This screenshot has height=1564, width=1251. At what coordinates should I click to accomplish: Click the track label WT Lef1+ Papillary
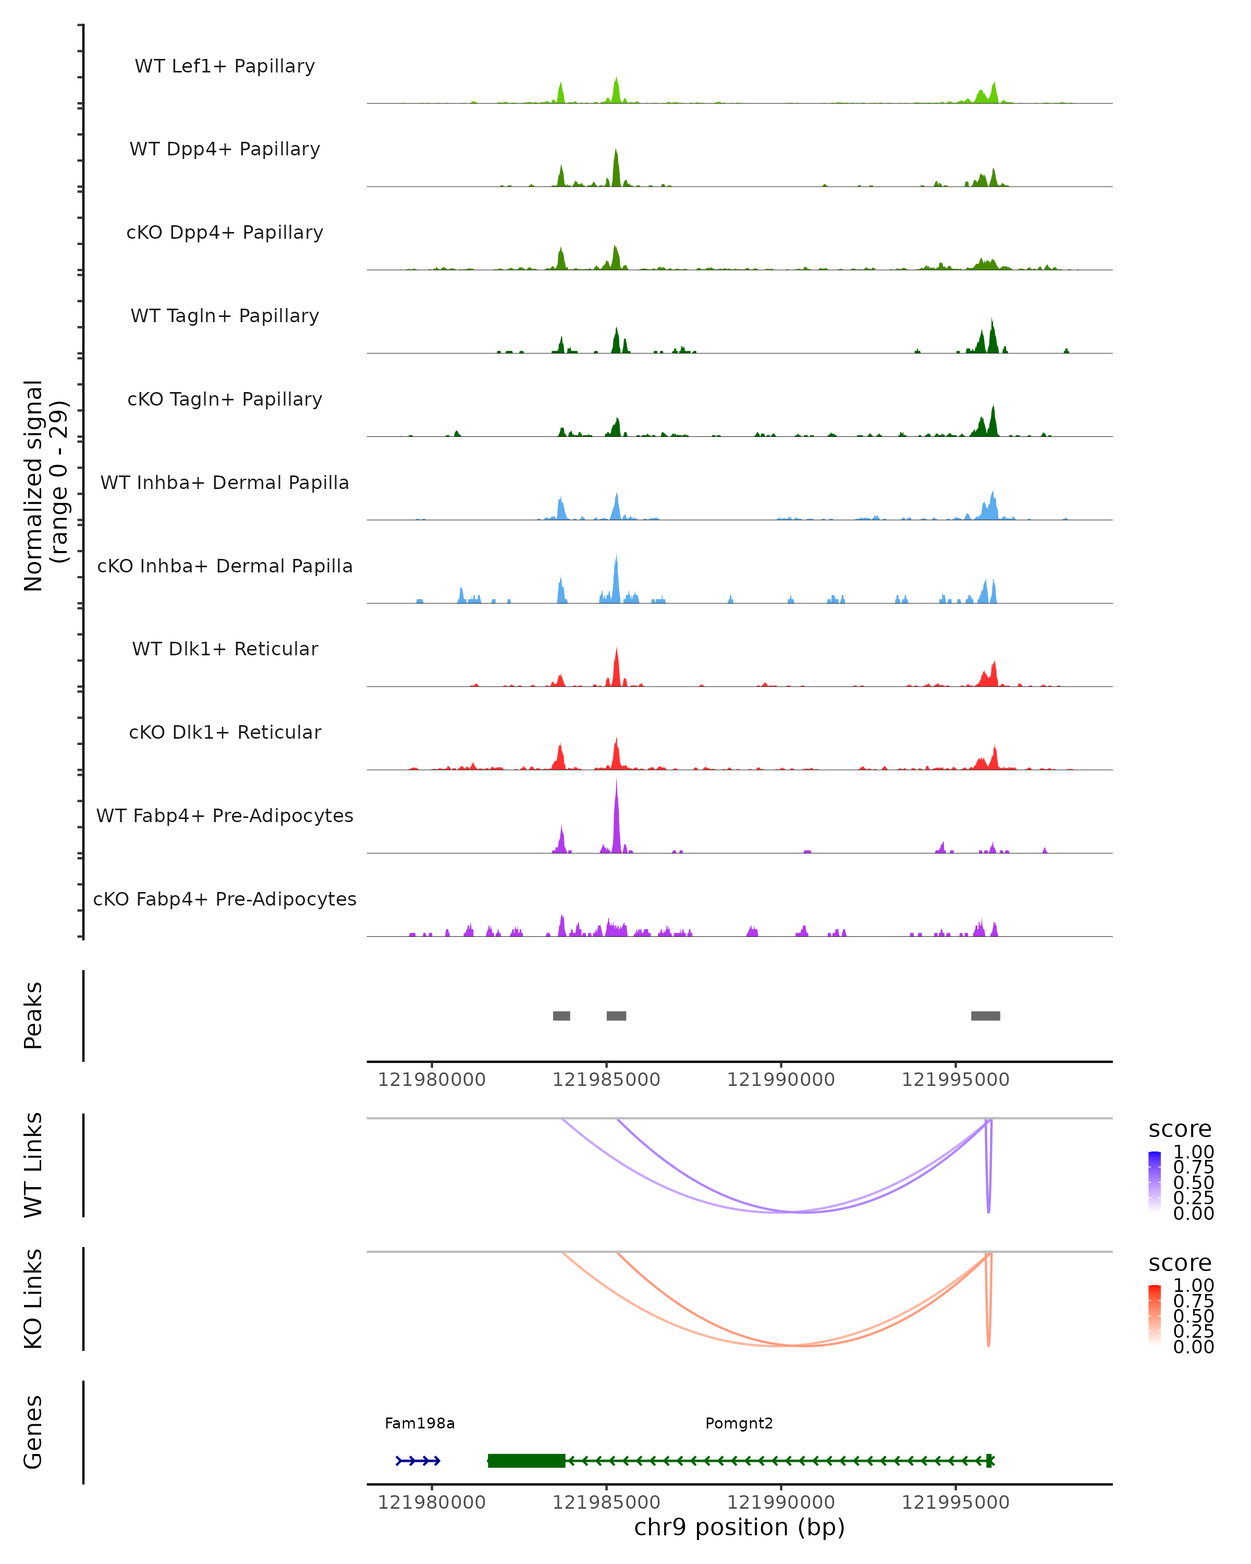(x=225, y=66)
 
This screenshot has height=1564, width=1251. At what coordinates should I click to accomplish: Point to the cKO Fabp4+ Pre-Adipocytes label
(x=225, y=899)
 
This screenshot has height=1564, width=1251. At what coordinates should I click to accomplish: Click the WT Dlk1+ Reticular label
(x=225, y=649)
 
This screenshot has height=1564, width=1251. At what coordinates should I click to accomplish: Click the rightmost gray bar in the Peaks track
(x=986, y=1016)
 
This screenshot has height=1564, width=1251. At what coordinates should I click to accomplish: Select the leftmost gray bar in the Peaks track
(x=561, y=1016)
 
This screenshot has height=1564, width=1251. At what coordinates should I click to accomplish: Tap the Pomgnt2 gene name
(x=739, y=1423)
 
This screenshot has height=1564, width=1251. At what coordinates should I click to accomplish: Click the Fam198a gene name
(x=420, y=1423)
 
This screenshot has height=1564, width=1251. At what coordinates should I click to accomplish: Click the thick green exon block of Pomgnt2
(x=526, y=1460)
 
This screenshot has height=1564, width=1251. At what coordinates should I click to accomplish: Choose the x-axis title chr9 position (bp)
(x=739, y=1528)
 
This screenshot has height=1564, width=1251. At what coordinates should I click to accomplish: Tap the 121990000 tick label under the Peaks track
(x=781, y=1080)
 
